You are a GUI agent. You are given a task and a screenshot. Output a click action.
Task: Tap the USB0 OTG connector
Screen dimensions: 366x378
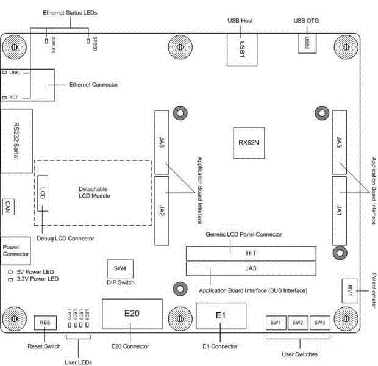307,43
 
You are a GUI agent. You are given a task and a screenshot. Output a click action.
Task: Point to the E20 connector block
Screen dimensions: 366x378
132,314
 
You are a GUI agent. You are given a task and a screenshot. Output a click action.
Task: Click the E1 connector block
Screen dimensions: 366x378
221,316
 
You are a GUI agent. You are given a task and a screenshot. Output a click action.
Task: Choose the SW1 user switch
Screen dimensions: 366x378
275,322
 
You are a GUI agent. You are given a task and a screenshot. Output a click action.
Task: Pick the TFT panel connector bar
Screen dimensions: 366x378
251,254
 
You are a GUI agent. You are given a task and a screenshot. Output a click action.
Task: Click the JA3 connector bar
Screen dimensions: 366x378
251,268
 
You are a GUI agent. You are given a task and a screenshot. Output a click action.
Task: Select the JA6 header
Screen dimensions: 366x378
162,142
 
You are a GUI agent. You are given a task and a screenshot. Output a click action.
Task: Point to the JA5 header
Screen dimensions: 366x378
340,142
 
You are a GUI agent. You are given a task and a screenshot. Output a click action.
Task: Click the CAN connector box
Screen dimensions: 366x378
9,206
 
